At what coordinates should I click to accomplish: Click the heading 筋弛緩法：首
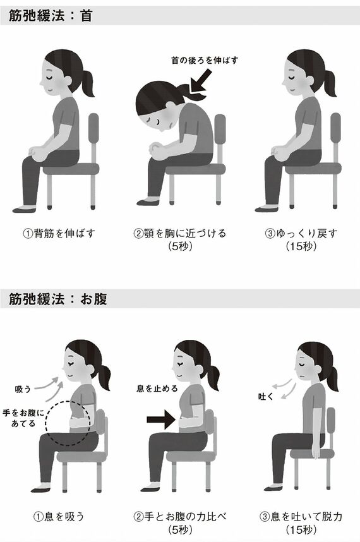[x=51, y=16]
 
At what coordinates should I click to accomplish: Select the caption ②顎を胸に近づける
[x=180, y=233]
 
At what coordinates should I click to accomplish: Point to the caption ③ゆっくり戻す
[x=302, y=233]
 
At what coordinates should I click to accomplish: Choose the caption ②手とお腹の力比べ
[x=180, y=516]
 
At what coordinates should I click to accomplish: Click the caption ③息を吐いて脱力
[x=302, y=516]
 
